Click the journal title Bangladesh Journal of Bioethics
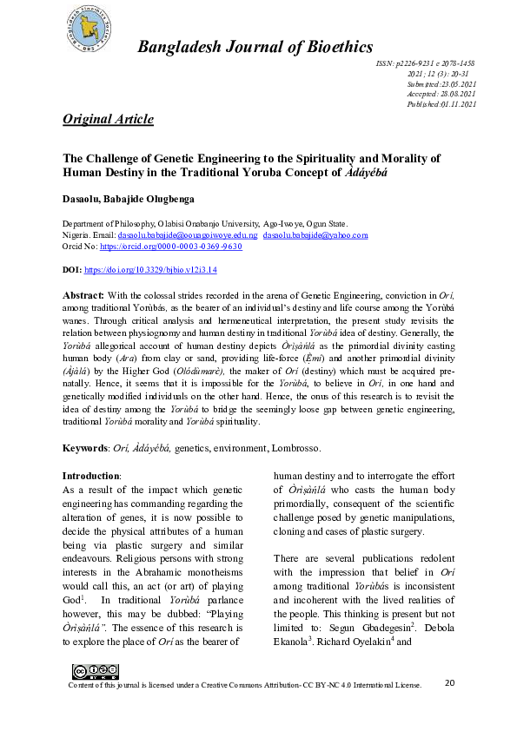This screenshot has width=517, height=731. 255,47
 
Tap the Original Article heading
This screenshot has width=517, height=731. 109,119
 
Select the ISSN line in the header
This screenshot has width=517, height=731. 425,64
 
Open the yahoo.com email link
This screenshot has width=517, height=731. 315,235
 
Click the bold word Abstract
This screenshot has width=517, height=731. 83,295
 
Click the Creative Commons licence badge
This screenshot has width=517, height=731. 96,671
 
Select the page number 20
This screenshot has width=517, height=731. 449,683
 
